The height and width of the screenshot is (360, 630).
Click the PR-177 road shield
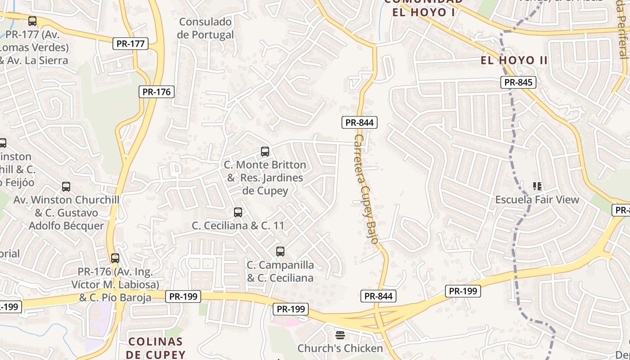tap(130, 44)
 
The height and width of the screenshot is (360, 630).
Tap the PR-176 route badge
tap(156, 92)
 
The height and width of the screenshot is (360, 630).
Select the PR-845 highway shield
tap(518, 82)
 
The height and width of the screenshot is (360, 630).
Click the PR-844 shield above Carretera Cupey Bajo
tap(359, 122)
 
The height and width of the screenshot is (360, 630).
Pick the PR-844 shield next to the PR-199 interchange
tap(378, 296)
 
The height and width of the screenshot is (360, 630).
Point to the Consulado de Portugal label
tap(205, 28)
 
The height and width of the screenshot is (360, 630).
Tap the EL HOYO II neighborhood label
tap(514, 60)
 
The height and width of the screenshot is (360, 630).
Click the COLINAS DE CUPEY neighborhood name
tap(155, 348)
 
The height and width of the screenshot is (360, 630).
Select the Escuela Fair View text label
tap(537, 199)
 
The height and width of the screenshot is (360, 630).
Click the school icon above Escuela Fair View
tap(537, 186)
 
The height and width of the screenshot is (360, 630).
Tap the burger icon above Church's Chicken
tap(340, 335)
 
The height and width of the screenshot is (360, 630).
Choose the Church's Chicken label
tap(340, 348)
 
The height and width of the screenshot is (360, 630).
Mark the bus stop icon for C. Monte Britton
tap(265, 152)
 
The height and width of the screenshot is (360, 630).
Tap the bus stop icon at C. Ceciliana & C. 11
tap(238, 212)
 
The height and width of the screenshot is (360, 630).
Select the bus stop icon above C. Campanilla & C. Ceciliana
tap(280, 252)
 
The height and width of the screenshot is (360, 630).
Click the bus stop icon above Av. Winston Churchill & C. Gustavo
tap(66, 187)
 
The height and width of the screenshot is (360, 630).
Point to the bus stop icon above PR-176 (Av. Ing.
tap(115, 258)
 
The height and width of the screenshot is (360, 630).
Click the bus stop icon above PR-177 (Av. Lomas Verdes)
tap(32, 21)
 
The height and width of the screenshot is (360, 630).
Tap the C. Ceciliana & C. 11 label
tap(238, 225)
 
